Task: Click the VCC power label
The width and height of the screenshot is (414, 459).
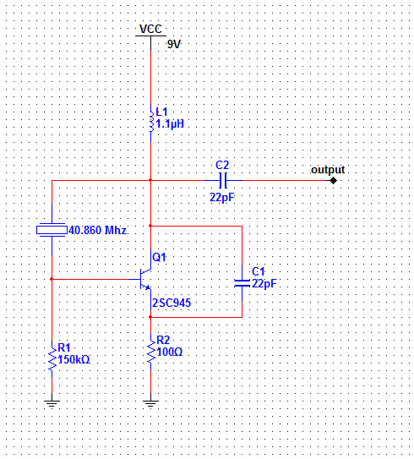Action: [150, 29]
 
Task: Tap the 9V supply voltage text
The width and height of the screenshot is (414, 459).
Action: [174, 45]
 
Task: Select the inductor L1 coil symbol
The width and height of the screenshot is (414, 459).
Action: [151, 122]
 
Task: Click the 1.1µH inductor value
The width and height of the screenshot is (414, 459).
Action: [170, 124]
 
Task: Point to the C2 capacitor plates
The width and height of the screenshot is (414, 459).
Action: [223, 180]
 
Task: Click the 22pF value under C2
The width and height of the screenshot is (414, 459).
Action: [222, 198]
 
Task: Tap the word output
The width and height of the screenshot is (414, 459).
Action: [328, 170]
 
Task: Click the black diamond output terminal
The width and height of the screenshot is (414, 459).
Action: [333, 180]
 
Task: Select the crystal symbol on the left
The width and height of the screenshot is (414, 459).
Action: [52, 230]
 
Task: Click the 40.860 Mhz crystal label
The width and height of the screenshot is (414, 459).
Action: [97, 231]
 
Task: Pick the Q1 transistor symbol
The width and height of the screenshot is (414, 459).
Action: [145, 279]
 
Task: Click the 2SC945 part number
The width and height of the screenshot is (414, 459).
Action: [172, 303]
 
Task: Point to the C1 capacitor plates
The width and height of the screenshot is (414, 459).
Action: [242, 283]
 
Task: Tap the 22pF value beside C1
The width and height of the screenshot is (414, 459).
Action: [264, 284]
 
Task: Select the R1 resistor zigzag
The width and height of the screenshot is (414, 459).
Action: [52, 359]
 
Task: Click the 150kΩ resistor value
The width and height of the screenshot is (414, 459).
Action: [74, 359]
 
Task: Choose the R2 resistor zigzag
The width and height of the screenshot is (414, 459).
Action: [151, 352]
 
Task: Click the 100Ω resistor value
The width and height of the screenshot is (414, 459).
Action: [170, 352]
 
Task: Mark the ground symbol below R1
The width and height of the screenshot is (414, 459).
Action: [52, 404]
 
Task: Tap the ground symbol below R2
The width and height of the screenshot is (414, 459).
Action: [151, 404]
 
